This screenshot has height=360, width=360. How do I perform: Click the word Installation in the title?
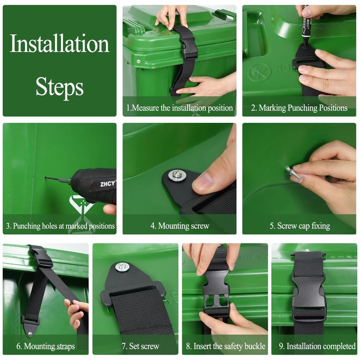[59, 44]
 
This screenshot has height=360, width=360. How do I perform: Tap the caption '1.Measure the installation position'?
[180, 108]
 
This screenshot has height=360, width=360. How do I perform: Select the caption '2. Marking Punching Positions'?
[299, 108]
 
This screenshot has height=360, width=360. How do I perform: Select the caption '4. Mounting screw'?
[180, 226]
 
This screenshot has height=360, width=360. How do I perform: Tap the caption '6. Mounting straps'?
[45, 346]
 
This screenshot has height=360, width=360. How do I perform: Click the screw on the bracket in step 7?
[122, 267]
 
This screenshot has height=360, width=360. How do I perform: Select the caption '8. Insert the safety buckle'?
[225, 346]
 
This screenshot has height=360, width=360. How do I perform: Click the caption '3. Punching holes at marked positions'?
[60, 226]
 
